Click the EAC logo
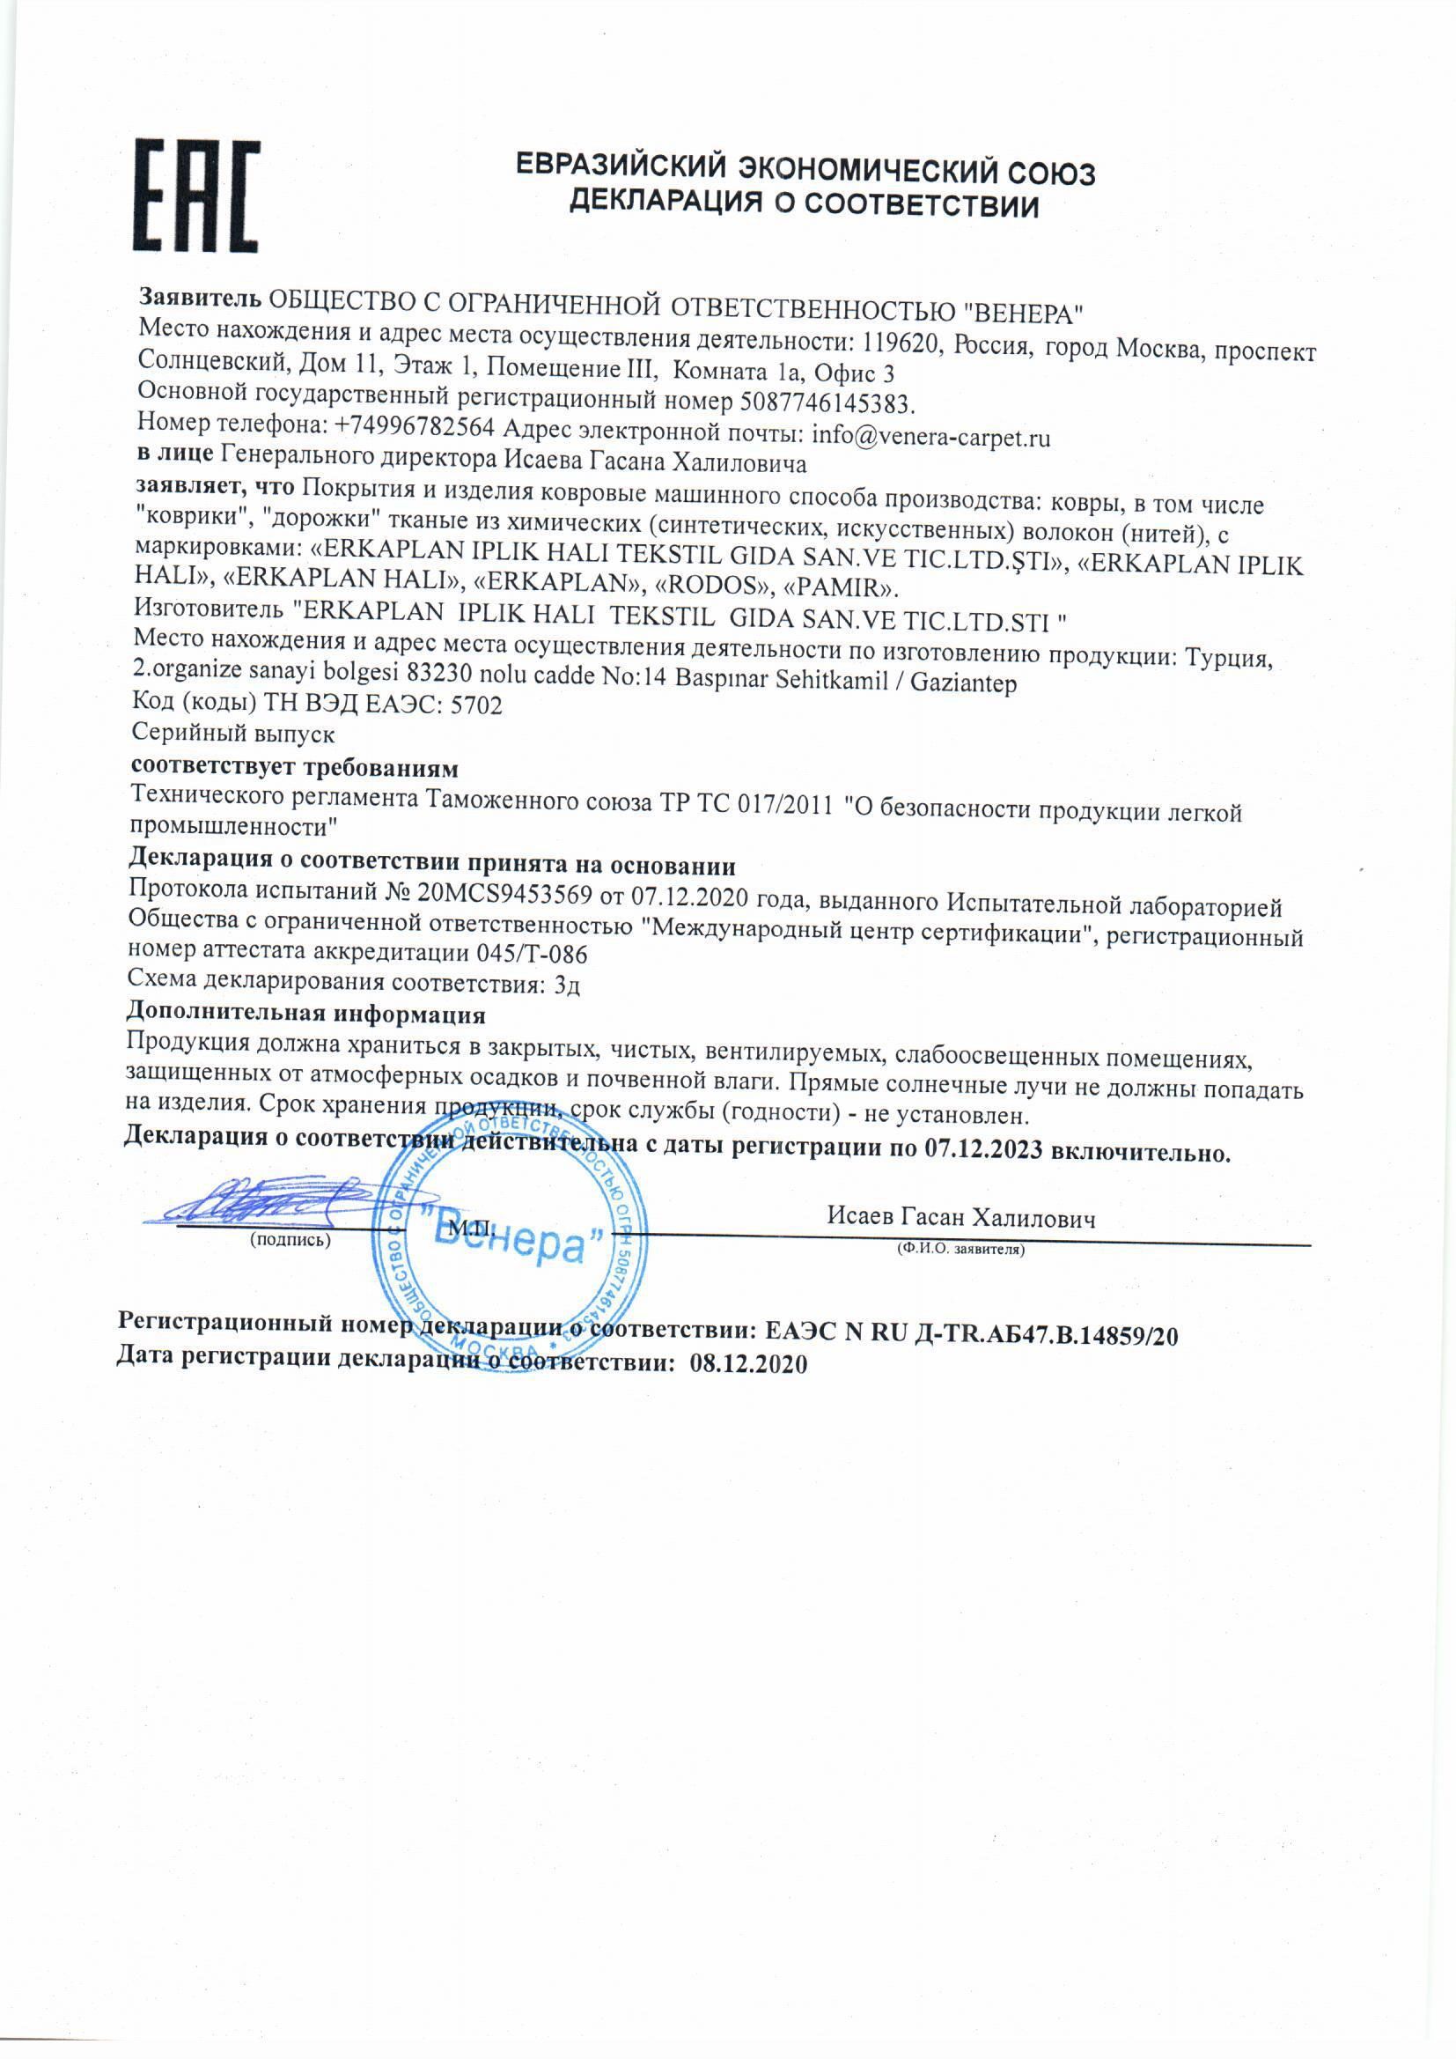pos(196,196)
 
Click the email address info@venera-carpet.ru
pos(930,437)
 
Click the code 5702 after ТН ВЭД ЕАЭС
pos(477,705)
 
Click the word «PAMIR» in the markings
pos(840,588)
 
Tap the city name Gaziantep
pos(963,683)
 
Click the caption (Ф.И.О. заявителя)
pos(960,1248)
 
